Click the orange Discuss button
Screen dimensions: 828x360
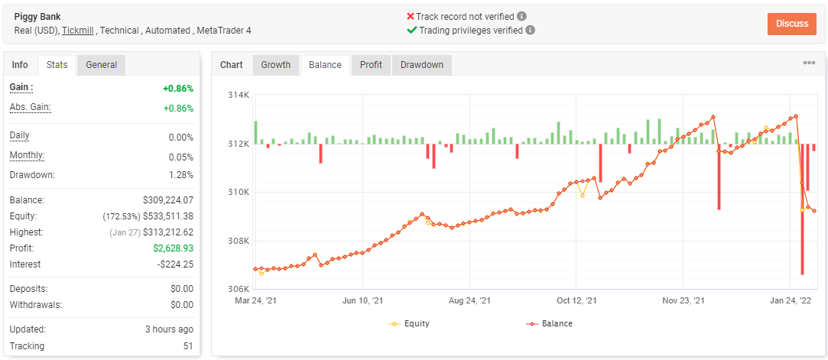coord(791,24)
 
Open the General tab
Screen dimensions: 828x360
coord(102,65)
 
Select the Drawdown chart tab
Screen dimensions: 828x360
coord(422,65)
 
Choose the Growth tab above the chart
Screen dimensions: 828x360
coord(276,65)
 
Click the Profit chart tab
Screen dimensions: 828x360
coord(372,65)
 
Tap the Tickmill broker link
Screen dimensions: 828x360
coord(78,30)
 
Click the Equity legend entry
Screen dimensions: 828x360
coord(409,323)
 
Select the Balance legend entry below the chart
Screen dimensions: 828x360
coord(549,323)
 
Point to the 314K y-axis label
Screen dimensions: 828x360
coord(239,95)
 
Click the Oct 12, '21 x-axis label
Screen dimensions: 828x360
coord(576,301)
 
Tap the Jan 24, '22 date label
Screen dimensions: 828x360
coord(791,301)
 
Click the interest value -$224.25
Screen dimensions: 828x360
coord(175,264)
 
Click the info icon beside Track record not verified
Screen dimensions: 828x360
coord(521,16)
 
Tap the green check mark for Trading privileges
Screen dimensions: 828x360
coord(412,30)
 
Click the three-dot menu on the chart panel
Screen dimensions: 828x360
coord(808,63)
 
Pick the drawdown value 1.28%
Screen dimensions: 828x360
coord(182,175)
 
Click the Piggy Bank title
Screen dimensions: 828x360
coord(37,16)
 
